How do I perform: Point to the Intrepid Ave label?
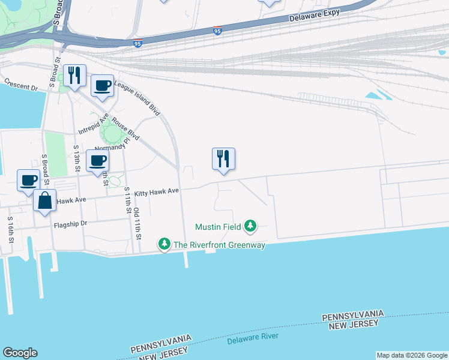point(93,124)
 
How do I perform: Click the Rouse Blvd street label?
point(125,131)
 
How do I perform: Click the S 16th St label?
point(11,229)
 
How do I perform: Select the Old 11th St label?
point(137,221)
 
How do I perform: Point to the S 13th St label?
point(76,158)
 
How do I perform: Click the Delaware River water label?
point(253,339)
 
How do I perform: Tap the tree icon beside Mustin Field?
point(250,226)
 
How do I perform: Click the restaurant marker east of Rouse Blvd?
point(223,159)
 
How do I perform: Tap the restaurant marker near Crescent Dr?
point(74,76)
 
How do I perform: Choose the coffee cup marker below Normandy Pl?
point(97,160)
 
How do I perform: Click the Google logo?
point(20,353)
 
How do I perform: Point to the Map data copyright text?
point(412,355)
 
